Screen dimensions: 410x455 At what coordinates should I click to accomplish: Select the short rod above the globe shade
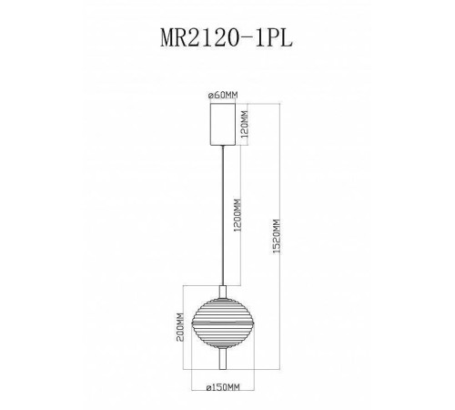221,275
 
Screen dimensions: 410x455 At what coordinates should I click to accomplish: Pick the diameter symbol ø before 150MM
207,386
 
